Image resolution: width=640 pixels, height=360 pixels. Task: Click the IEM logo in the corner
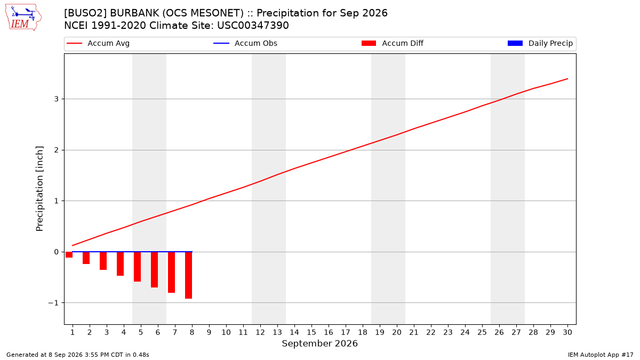(x=23, y=18)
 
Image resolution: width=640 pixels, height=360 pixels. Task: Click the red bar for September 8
(x=189, y=275)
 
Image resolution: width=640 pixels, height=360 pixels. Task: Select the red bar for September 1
(x=69, y=254)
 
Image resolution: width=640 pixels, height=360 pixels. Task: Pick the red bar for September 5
(x=137, y=267)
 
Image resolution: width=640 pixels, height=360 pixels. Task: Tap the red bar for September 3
(x=103, y=261)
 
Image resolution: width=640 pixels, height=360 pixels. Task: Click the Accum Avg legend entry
(x=98, y=43)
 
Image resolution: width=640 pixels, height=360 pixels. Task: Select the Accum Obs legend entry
(x=245, y=43)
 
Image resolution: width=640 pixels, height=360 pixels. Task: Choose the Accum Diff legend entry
(x=393, y=43)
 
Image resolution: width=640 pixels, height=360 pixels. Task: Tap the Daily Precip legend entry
(x=540, y=43)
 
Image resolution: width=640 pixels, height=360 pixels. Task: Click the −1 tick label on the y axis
(x=53, y=303)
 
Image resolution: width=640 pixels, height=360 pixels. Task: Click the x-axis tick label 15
(x=311, y=332)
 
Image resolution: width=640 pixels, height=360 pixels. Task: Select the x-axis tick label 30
(x=567, y=332)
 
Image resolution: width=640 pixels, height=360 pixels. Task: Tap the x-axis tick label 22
(x=431, y=332)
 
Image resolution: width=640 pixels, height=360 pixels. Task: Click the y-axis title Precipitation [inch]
(x=39, y=189)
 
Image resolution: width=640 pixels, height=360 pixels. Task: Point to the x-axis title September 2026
(x=319, y=343)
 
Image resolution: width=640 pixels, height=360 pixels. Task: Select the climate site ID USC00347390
(x=253, y=26)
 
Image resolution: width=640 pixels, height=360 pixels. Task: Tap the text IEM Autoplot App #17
(x=601, y=355)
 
